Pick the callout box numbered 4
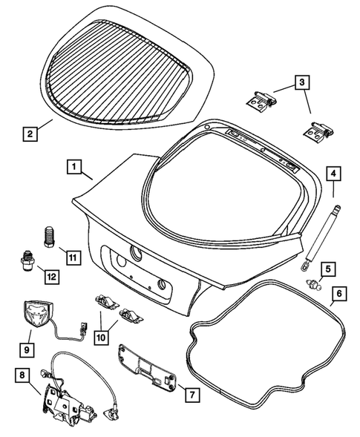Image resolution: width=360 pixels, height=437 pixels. (x=335, y=174)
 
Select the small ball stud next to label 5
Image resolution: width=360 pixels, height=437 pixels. (x=315, y=287)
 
